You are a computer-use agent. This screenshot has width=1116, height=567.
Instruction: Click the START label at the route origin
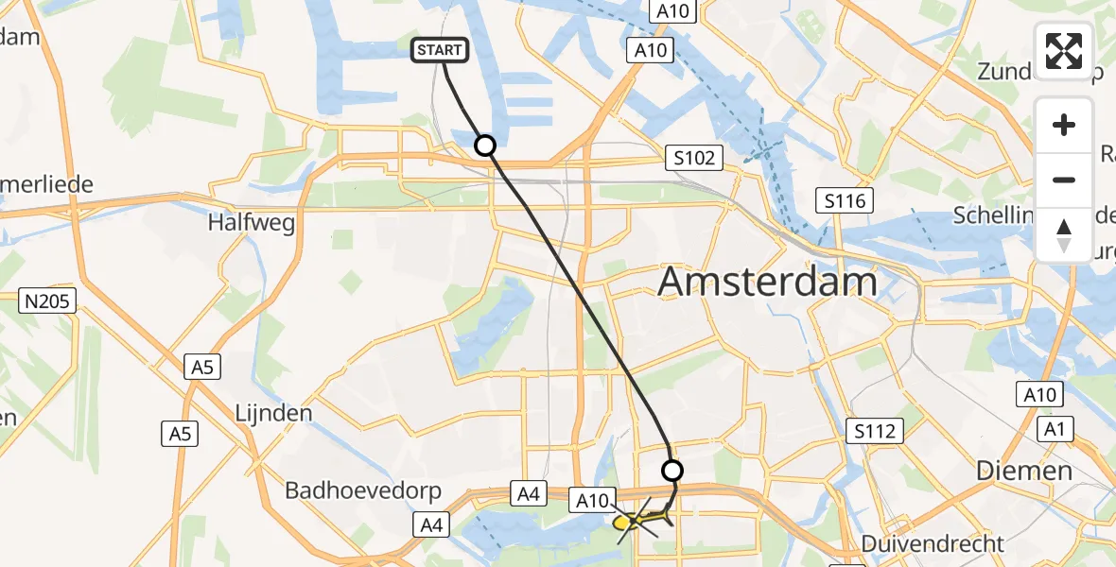(x=439, y=50)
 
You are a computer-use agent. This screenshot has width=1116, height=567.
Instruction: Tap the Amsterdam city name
(x=767, y=283)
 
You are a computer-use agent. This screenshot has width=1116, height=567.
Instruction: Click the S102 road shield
(x=693, y=158)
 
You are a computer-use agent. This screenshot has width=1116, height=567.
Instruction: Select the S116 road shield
(x=846, y=200)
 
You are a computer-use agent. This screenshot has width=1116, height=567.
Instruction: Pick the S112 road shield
(x=874, y=431)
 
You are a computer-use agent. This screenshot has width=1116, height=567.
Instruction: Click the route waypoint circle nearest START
(x=484, y=145)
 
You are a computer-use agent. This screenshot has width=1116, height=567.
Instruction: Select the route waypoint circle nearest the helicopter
(x=671, y=470)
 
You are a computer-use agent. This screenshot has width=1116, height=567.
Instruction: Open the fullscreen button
(x=1064, y=51)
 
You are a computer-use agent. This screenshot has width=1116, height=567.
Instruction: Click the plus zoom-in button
(x=1064, y=125)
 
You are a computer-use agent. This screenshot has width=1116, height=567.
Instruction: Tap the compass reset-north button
(x=1064, y=234)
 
